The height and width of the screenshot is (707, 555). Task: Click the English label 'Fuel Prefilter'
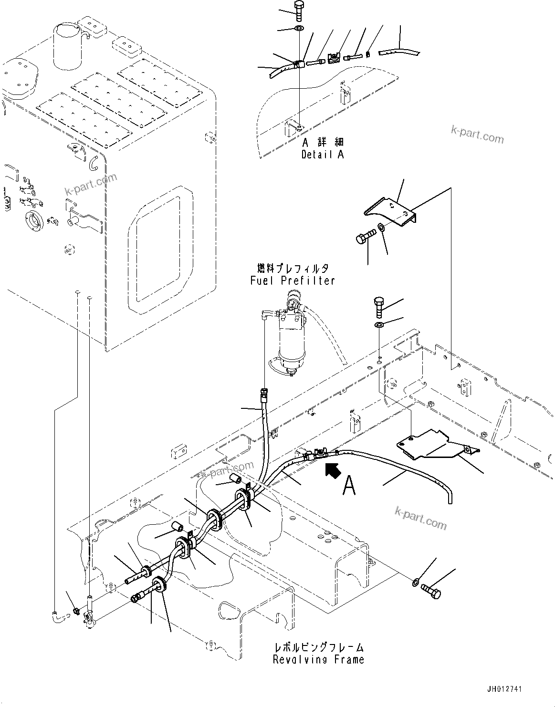coord(293,281)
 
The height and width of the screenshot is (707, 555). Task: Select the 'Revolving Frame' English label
coord(318,659)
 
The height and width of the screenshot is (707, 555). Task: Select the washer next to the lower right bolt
coord(415,582)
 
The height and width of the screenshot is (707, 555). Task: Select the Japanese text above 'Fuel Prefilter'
coord(293,268)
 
